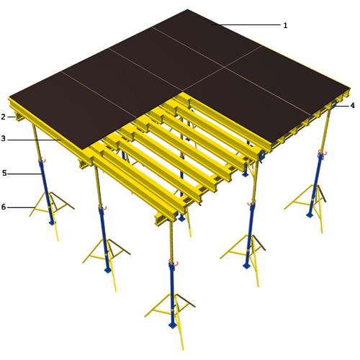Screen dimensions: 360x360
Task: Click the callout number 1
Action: (285, 25)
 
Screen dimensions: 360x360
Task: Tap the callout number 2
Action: (3, 117)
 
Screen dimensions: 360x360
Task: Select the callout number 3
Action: (3, 138)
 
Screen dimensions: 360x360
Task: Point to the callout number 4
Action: (352, 105)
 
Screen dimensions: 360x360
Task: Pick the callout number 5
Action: (4, 173)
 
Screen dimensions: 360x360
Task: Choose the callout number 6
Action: (4, 207)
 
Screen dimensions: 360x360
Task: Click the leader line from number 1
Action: (246, 24)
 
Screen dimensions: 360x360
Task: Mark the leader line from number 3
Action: (34, 140)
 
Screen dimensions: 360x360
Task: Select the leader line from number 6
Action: (21, 207)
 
